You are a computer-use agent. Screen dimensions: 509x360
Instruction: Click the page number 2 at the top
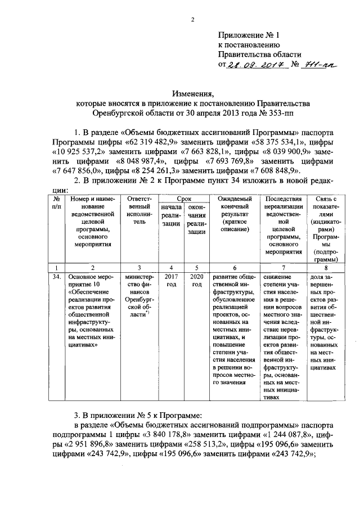193,20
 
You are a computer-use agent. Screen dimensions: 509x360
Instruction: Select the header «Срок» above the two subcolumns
184,199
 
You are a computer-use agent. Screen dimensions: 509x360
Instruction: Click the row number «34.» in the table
56,277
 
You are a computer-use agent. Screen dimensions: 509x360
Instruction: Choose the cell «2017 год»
172,281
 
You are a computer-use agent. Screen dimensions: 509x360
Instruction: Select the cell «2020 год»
196,281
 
